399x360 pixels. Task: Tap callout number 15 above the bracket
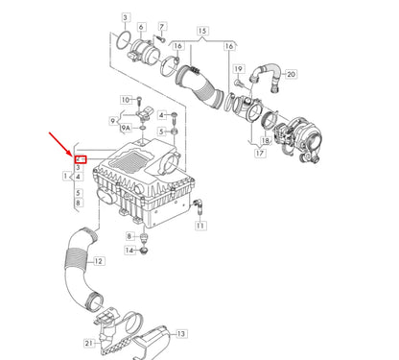click(x=202, y=32)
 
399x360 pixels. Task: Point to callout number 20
click(x=292, y=74)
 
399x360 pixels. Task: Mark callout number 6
click(x=142, y=28)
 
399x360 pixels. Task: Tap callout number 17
click(x=260, y=153)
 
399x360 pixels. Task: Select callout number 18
click(x=265, y=140)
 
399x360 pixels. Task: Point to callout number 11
click(x=200, y=226)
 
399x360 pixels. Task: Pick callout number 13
click(x=181, y=333)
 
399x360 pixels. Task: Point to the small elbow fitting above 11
click(x=199, y=204)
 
